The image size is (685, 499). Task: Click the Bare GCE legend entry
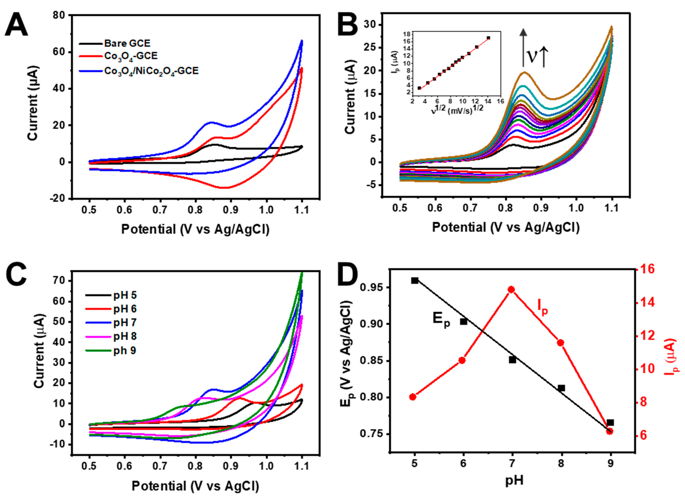coord(127,43)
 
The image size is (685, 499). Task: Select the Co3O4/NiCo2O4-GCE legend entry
coord(151,71)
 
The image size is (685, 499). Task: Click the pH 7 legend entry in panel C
coord(125,323)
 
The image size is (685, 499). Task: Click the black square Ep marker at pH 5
coord(415,280)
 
